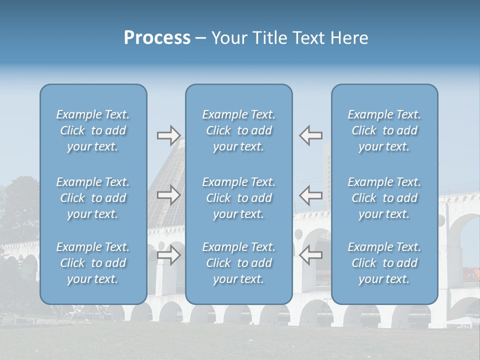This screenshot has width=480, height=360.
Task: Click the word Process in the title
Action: click(x=157, y=38)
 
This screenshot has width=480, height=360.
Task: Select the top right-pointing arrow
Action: click(x=168, y=135)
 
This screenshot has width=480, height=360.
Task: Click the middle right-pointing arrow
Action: click(x=168, y=195)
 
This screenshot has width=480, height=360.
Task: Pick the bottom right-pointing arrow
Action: click(x=168, y=255)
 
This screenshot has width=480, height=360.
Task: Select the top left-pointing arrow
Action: click(x=311, y=135)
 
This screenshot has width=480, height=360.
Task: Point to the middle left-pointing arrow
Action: click(x=311, y=195)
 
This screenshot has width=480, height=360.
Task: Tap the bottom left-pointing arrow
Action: click(x=311, y=255)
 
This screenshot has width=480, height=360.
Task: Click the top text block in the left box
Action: click(x=93, y=130)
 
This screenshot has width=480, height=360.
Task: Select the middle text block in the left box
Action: click(x=93, y=198)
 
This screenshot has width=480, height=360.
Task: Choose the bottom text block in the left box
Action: click(x=93, y=263)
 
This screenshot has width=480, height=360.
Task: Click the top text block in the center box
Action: click(x=239, y=130)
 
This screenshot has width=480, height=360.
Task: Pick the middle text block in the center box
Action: click(x=239, y=198)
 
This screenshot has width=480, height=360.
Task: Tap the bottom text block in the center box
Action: click(x=239, y=263)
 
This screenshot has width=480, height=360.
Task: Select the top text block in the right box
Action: click(x=384, y=130)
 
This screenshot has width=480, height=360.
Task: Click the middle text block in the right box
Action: click(x=384, y=198)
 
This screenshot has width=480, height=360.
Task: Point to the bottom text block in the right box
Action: click(x=384, y=263)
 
